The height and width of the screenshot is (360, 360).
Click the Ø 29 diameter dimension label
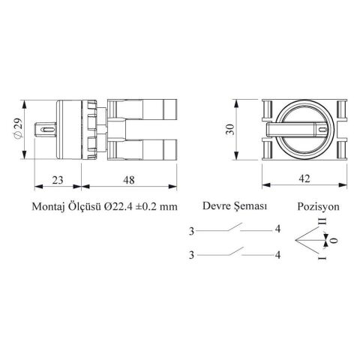point(19,129)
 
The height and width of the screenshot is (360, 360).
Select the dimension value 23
point(58,180)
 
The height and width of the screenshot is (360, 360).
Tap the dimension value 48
point(129,180)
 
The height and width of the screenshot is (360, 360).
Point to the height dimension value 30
point(230,129)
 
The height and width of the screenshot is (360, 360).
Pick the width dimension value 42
point(304,178)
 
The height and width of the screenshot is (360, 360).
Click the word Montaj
point(47,207)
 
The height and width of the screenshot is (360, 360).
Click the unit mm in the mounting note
point(169,208)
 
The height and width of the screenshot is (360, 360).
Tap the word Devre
point(216,206)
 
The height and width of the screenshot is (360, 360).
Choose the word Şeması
point(250,206)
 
